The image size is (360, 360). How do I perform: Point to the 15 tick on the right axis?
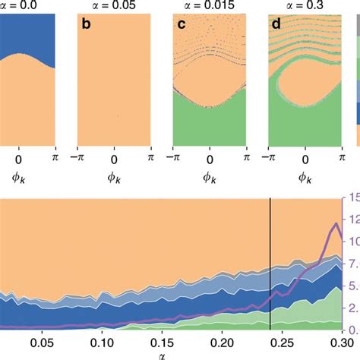352,198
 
